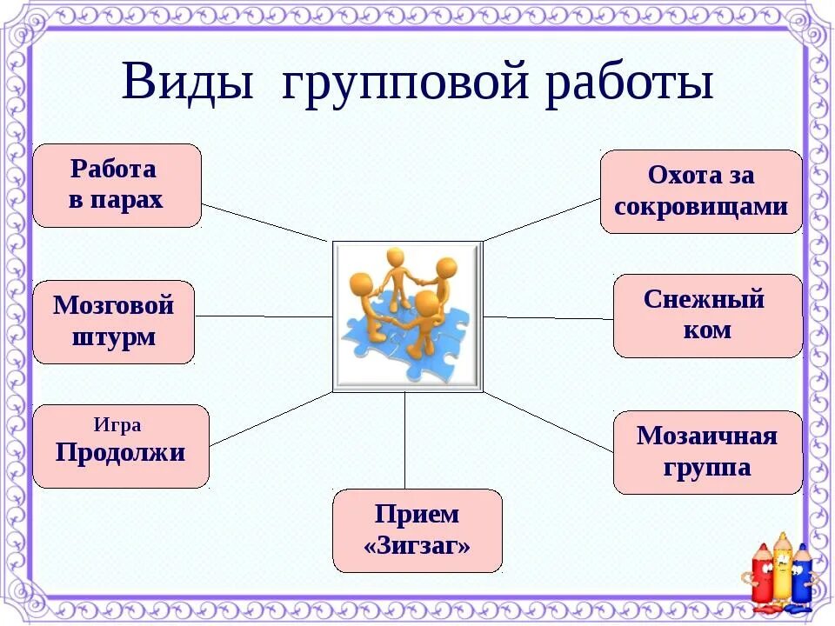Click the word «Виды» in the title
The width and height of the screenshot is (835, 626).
(x=187, y=83)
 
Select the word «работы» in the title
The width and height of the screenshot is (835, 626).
(x=630, y=84)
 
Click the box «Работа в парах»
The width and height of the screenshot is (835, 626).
(x=117, y=185)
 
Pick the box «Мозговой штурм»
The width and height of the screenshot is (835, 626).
(x=113, y=322)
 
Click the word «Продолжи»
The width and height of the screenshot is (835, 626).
(x=120, y=453)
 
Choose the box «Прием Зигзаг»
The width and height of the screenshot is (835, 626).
(x=417, y=530)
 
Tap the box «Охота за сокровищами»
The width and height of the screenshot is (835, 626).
(x=701, y=191)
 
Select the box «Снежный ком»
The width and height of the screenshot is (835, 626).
(x=708, y=316)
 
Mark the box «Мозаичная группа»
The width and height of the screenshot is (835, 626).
(x=707, y=452)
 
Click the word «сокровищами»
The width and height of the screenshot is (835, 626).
(x=701, y=207)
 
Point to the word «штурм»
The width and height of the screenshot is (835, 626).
(x=114, y=336)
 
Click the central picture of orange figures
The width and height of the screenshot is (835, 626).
(x=407, y=316)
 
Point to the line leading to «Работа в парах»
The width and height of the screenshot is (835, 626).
(x=264, y=223)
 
